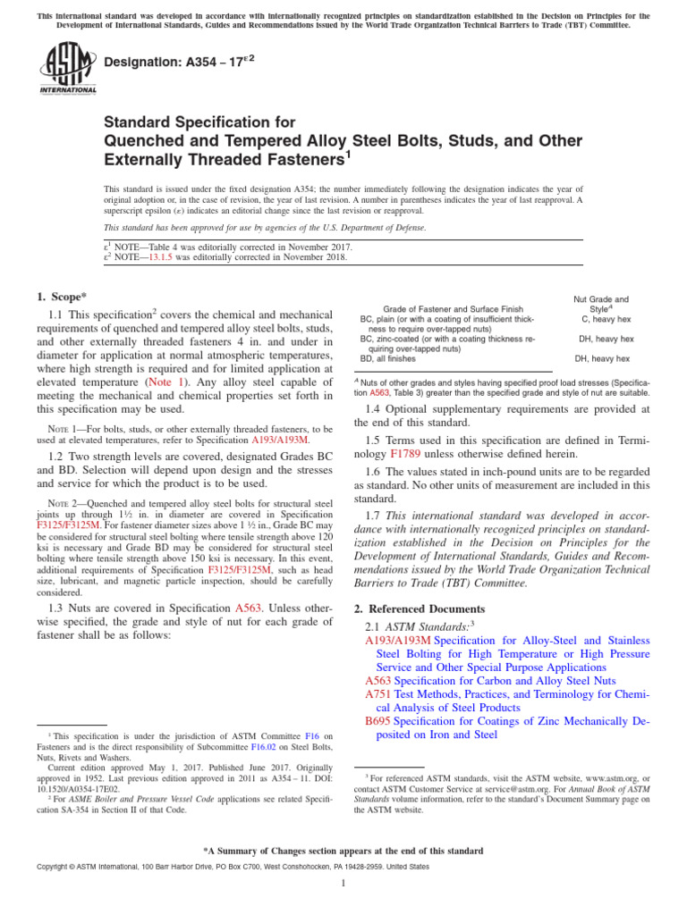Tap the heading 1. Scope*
tap(64, 295)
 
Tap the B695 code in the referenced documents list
tap(378, 720)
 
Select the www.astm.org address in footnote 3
tap(593, 779)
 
